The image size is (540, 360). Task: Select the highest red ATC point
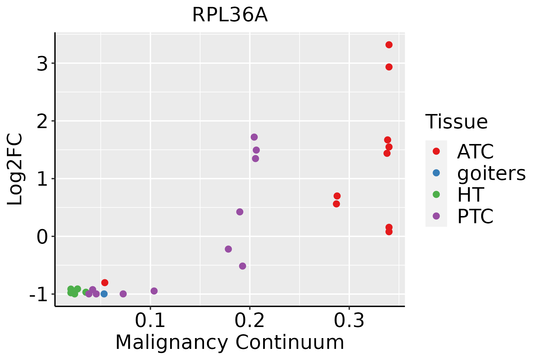(389, 45)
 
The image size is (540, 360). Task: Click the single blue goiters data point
(104, 294)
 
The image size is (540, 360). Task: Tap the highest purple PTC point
(254, 137)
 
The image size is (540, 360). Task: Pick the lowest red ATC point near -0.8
(105, 283)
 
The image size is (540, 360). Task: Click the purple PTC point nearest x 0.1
(154, 291)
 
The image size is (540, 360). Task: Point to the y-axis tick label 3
(42, 64)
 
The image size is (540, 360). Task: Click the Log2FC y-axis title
(15, 169)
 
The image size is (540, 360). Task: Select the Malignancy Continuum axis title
(230, 343)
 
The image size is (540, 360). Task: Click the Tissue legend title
(457, 122)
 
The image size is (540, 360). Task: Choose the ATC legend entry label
(475, 151)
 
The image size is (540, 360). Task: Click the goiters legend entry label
(491, 173)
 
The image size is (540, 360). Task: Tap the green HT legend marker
(436, 194)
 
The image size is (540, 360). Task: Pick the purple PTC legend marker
(436, 216)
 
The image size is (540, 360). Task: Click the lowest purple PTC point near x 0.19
(242, 266)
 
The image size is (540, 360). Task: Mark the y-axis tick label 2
(42, 121)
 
